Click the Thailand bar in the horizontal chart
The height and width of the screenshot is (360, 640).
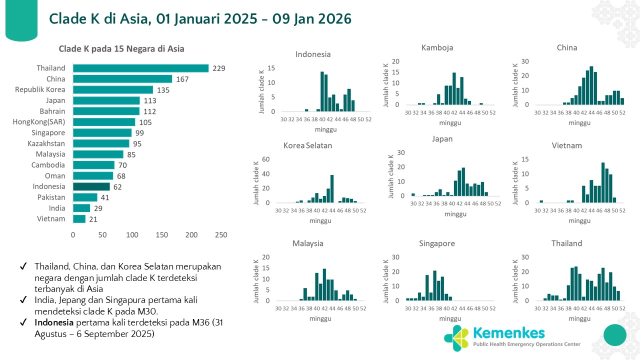point(140,68)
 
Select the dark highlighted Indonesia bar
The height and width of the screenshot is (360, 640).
point(91,186)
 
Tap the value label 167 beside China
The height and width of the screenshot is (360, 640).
point(182,79)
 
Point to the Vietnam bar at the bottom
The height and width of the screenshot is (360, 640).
point(79,219)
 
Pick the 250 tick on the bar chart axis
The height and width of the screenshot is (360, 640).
point(220,235)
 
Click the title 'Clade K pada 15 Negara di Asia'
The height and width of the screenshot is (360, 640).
point(121,49)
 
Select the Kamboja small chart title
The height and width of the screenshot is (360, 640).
point(437,48)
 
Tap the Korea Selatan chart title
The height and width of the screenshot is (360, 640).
point(307,146)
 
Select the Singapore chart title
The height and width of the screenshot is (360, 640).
point(437,243)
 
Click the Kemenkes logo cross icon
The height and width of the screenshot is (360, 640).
point(456,338)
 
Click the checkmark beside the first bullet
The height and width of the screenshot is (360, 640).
point(23,266)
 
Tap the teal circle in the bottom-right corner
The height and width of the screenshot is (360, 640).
point(615,334)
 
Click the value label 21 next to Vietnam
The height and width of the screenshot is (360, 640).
point(93,219)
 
